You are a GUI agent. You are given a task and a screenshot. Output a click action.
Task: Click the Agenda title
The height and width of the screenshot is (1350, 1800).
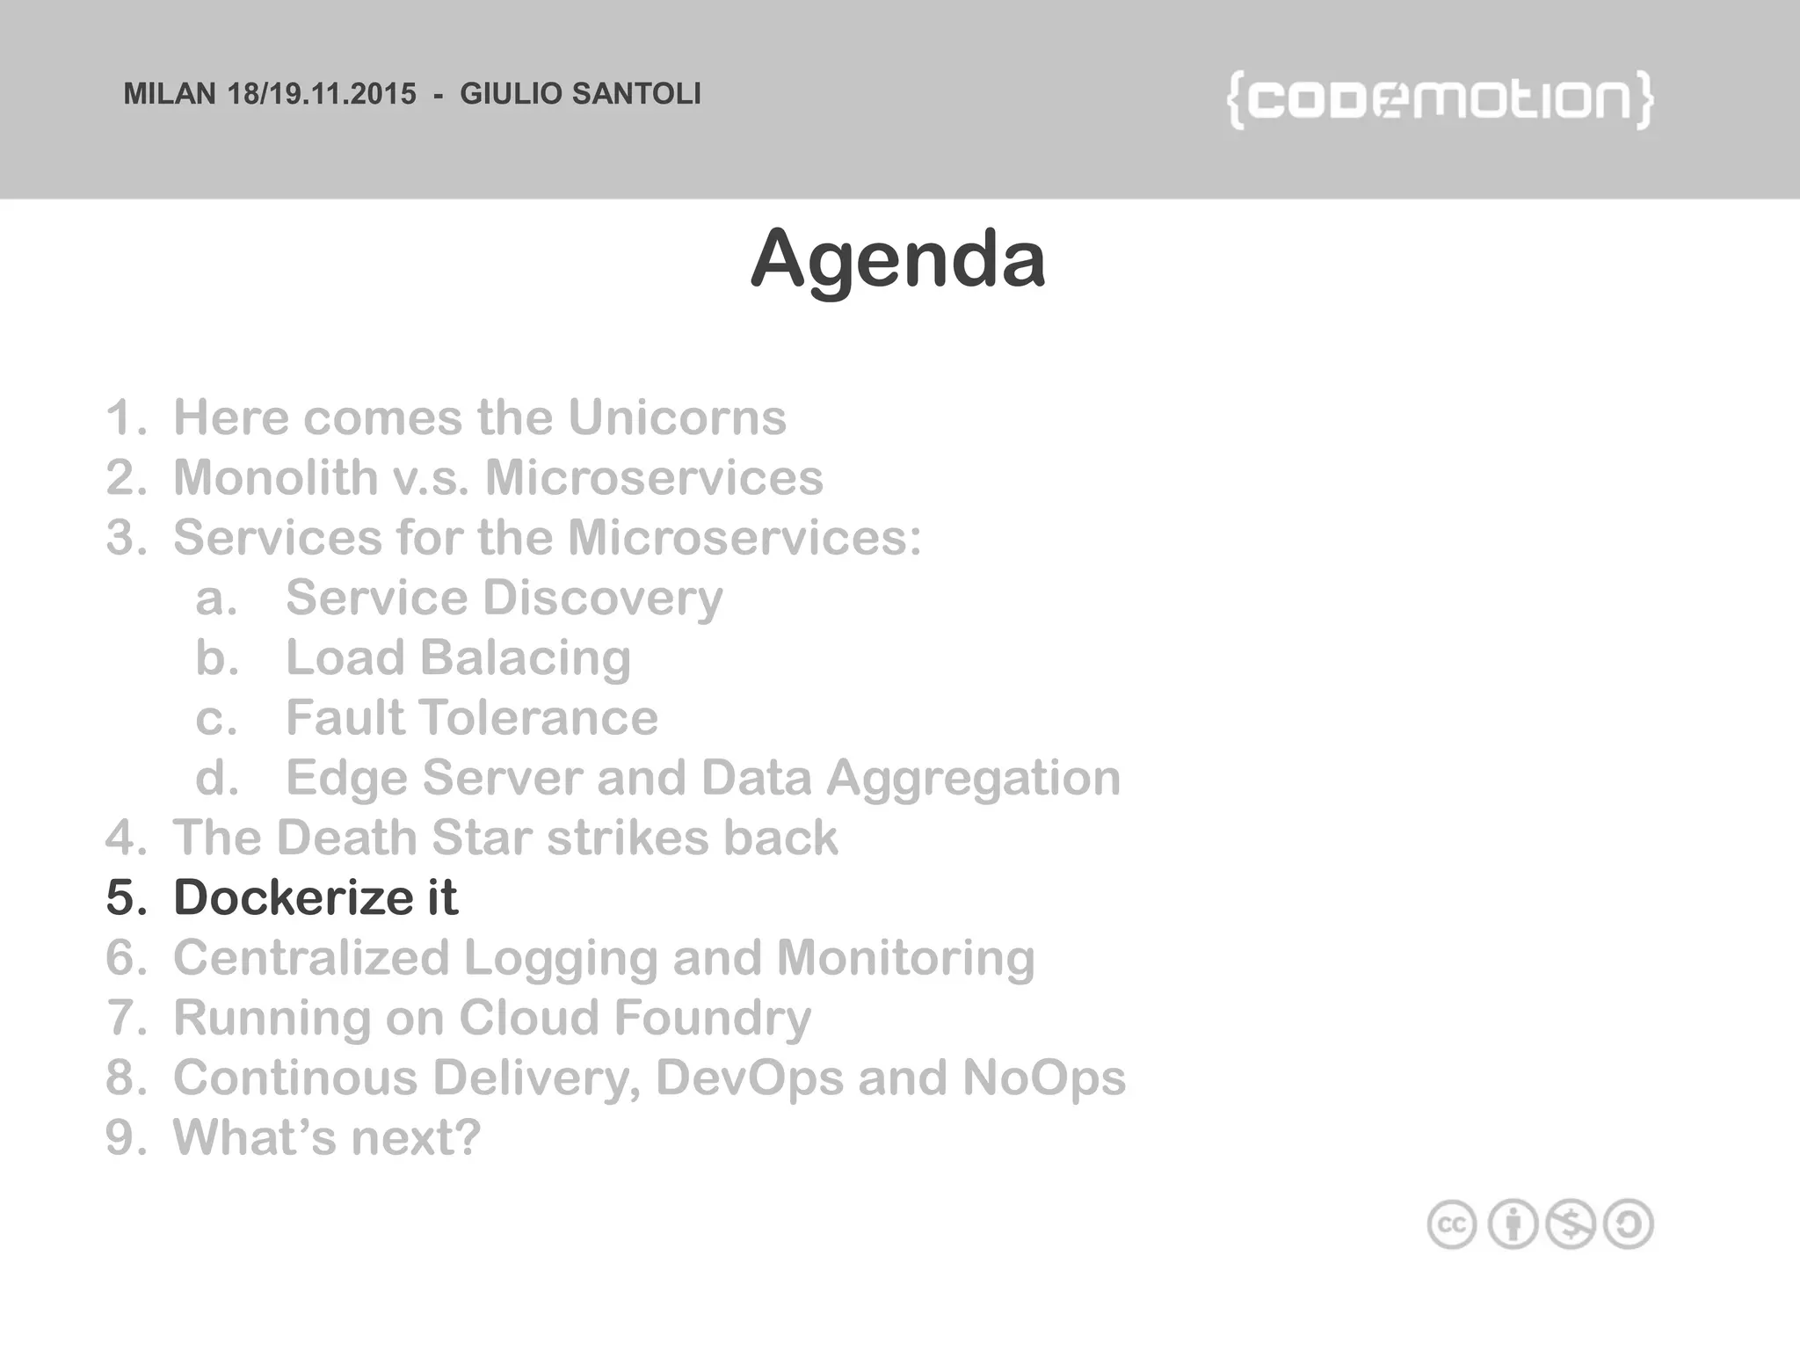pyautogui.click(x=897, y=258)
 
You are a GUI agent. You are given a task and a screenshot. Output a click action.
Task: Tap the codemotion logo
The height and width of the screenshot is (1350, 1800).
pyautogui.click(x=1440, y=100)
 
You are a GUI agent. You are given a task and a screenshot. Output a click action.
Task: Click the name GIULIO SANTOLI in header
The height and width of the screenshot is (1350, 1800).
pyautogui.click(x=580, y=94)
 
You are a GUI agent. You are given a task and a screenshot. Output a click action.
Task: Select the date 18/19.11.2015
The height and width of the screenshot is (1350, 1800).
pyautogui.click(x=322, y=94)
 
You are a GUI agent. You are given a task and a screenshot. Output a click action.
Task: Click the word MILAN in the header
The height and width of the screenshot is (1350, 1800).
pyautogui.click(x=170, y=94)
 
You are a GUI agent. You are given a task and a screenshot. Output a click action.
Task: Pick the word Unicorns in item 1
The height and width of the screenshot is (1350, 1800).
pyautogui.click(x=677, y=417)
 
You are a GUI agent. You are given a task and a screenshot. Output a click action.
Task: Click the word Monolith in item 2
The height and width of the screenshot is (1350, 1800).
pyautogui.click(x=275, y=477)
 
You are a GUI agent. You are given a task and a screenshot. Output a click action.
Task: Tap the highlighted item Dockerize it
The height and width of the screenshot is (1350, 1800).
pyautogui.click(x=316, y=897)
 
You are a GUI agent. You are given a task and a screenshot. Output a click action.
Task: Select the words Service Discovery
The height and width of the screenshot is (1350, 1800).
pyautogui.click(x=504, y=598)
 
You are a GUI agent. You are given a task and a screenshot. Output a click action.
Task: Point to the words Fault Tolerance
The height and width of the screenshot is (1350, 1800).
pyautogui.click(x=472, y=717)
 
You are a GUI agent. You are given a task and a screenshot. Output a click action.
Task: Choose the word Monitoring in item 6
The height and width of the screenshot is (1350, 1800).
pyautogui.click(x=905, y=957)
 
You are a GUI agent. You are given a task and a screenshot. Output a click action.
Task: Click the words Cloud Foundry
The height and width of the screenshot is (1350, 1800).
pyautogui.click(x=635, y=1018)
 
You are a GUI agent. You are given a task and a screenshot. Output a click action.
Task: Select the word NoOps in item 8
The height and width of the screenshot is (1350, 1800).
pyautogui.click(x=1043, y=1078)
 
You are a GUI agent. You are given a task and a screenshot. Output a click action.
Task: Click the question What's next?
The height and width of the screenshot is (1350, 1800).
pyautogui.click(x=327, y=1137)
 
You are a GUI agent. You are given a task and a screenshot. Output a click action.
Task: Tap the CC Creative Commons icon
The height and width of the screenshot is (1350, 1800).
pyautogui.click(x=1452, y=1224)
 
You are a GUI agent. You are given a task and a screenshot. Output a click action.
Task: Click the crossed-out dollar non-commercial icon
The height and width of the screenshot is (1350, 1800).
pyautogui.click(x=1571, y=1224)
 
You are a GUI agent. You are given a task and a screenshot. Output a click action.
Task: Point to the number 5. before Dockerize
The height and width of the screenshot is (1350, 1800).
pyautogui.click(x=127, y=897)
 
